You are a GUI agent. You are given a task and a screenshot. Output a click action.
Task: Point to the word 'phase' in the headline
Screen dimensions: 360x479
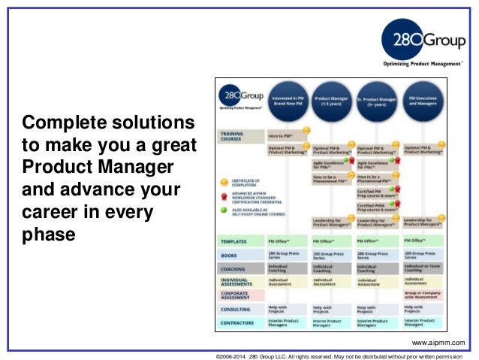point(49,234)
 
